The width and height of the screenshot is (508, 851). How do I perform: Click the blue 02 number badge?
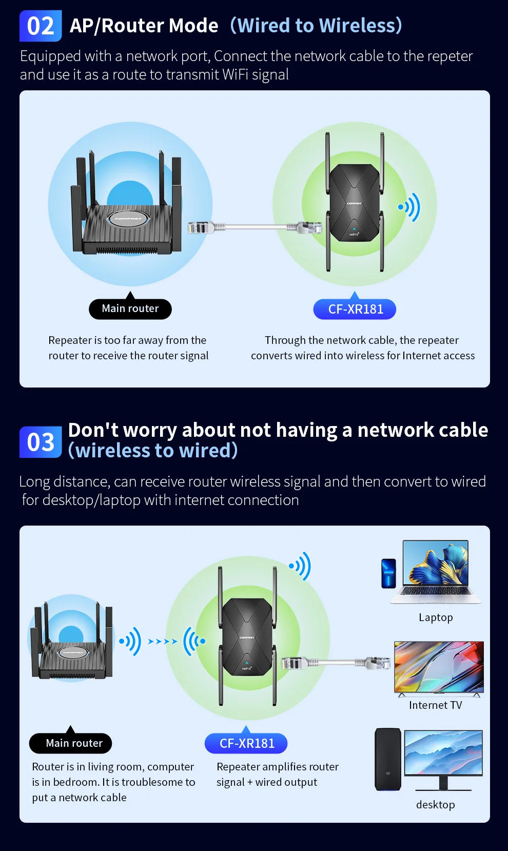41,26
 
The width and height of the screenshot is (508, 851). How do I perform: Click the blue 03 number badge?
41,442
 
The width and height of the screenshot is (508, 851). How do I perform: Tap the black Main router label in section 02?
130,308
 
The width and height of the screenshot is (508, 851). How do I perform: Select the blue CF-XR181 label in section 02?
355,309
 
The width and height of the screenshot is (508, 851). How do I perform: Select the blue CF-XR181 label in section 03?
246,743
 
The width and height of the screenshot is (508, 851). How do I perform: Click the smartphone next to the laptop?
388,573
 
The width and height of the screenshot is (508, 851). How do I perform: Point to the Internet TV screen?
439,666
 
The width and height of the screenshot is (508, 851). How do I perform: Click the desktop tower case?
387,759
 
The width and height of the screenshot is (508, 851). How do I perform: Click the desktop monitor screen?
443,752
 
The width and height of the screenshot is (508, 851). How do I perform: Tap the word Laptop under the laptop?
436,617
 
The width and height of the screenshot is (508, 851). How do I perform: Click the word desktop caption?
435,804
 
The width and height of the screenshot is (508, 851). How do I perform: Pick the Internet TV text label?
435,705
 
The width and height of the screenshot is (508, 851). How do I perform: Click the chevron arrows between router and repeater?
162,641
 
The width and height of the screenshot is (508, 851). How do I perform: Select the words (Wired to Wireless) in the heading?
316,26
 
